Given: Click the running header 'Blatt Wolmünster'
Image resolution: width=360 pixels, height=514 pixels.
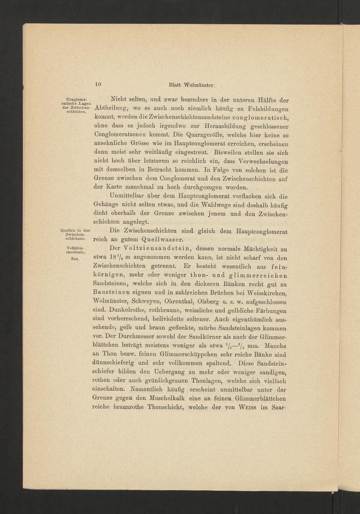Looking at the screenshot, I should (x=192, y=86).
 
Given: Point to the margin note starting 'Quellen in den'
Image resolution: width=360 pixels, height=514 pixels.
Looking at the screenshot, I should (x=75, y=234).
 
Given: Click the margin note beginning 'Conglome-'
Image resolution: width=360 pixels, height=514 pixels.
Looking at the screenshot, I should (x=75, y=105).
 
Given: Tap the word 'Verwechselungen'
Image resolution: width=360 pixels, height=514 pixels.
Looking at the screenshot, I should (x=262, y=161).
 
